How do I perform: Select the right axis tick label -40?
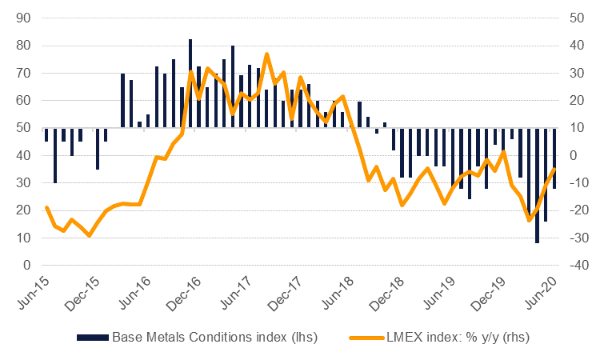coord(578,265)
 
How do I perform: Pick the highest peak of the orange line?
coord(266,54)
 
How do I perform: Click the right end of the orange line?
coord(554,169)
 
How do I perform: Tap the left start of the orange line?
coord(46,207)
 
